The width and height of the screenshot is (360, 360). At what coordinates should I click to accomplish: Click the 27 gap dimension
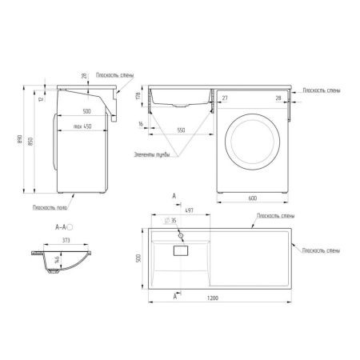click(225, 98)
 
